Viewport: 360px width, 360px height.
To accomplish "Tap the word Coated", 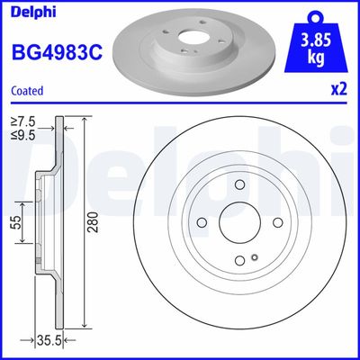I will click(26, 91).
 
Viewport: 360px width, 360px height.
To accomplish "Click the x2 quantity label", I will click(337, 91).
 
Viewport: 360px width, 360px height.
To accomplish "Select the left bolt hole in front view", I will click(202, 224).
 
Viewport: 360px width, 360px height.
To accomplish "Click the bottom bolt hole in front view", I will click(239, 262).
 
